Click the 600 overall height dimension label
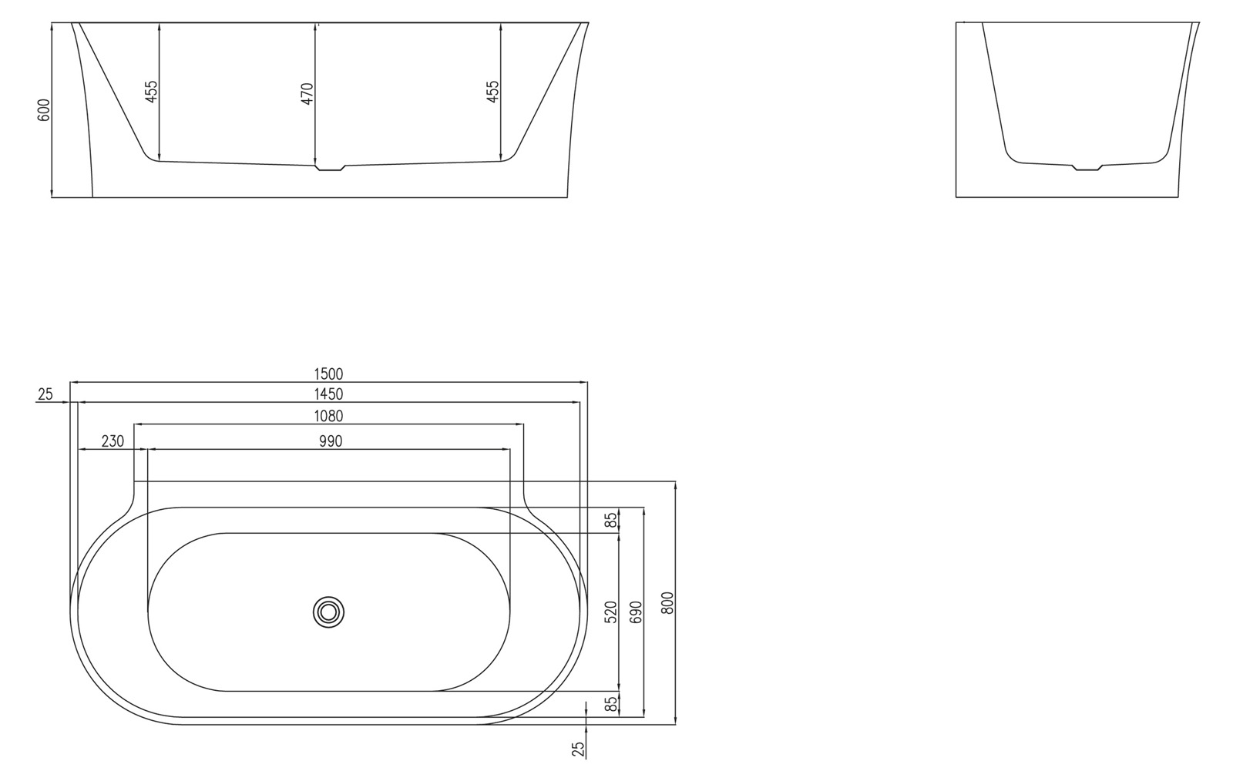[x=44, y=110]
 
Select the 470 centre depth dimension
[x=307, y=93]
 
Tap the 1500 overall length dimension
[x=328, y=374]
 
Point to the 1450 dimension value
[x=328, y=394]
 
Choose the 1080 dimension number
[x=328, y=417]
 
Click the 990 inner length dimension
[x=328, y=441]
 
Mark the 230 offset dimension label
[x=113, y=441]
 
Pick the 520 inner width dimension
[x=611, y=612]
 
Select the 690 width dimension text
[x=636, y=612]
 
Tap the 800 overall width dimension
[x=667, y=602]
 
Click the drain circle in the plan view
[x=329, y=612]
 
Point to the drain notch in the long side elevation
[x=330, y=167]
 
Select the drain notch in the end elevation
[x=1087, y=166]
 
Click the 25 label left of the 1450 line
[x=45, y=394]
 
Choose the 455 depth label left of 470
[x=152, y=92]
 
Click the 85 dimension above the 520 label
[x=611, y=521]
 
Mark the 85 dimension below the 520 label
[x=611, y=704]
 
